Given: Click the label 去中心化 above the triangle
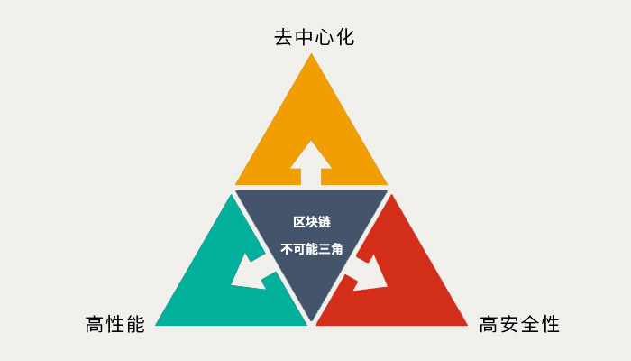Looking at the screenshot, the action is coord(315,37).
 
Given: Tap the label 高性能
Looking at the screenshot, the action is coord(115,324).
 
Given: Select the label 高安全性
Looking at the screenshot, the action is coord(519,324).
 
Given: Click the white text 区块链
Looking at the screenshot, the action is coord(312,222).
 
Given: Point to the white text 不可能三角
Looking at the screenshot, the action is coord(312,249).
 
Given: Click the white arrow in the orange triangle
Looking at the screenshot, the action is coord(311,163).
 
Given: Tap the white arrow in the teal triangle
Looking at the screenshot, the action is coord(253,271).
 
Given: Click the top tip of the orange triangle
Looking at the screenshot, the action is coord(311,53).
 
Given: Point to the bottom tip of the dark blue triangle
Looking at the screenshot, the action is coord(311,321).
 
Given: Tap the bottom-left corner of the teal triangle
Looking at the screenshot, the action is coord(155,325).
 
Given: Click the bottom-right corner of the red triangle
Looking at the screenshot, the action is coord(468,325).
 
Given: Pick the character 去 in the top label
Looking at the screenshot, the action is coord(284,37).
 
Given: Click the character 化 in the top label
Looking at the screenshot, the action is coord(345,37).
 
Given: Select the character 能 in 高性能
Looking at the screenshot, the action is coord(135,324).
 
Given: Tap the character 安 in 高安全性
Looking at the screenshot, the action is coord(509,324).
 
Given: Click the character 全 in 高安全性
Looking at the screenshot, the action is coord(530,324).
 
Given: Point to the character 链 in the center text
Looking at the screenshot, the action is coord(325,222).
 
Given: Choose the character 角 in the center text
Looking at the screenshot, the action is coord(337,249).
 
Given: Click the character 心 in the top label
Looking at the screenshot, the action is coord(325,37).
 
